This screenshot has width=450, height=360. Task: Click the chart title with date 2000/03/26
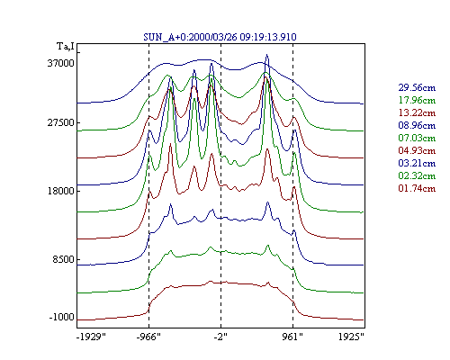(220, 37)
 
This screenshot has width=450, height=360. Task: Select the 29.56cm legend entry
(417, 87)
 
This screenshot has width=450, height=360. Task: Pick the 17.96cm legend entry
(417, 100)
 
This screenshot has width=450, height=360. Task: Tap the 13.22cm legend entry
(417, 112)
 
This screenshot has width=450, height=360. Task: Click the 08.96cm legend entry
(417, 125)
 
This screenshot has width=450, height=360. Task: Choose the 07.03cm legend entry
(417, 138)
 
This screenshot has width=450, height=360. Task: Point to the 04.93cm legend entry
(417, 150)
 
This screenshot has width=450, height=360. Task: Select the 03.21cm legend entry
(417, 163)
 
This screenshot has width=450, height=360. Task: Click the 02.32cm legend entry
(417, 175)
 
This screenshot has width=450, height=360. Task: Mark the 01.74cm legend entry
(417, 188)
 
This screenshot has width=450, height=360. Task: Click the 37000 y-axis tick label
(60, 63)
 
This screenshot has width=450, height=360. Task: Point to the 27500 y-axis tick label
(60, 123)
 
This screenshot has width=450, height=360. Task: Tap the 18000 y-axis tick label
(60, 191)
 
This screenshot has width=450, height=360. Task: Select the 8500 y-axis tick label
(63, 259)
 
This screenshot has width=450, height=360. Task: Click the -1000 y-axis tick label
(61, 317)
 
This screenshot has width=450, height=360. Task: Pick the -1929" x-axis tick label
(92, 337)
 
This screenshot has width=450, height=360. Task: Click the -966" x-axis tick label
(148, 337)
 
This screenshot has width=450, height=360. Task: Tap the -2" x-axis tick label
(220, 337)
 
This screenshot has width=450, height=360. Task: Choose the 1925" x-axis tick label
(351, 337)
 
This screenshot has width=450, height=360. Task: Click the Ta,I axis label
(66, 47)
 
